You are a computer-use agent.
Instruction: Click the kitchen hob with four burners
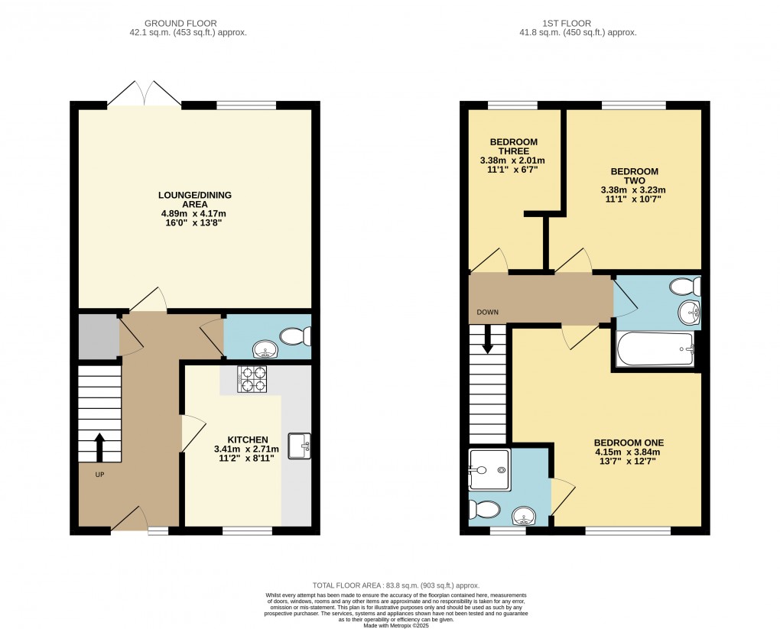(252, 379)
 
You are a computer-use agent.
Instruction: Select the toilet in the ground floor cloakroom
(294, 336)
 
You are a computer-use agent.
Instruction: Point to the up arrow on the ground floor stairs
(99, 448)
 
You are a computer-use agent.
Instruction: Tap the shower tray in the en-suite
(488, 469)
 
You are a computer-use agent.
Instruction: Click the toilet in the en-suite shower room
(483, 508)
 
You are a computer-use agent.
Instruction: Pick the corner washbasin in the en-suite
(524, 515)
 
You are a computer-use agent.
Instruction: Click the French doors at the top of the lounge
(145, 95)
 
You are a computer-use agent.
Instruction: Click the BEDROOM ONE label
(629, 443)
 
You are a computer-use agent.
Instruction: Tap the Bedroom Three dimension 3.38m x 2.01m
(512, 160)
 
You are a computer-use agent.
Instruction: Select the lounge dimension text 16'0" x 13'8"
(194, 223)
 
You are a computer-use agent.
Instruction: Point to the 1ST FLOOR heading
(577, 23)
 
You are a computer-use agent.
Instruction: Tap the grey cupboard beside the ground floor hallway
(97, 336)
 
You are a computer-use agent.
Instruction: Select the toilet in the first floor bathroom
(684, 287)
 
